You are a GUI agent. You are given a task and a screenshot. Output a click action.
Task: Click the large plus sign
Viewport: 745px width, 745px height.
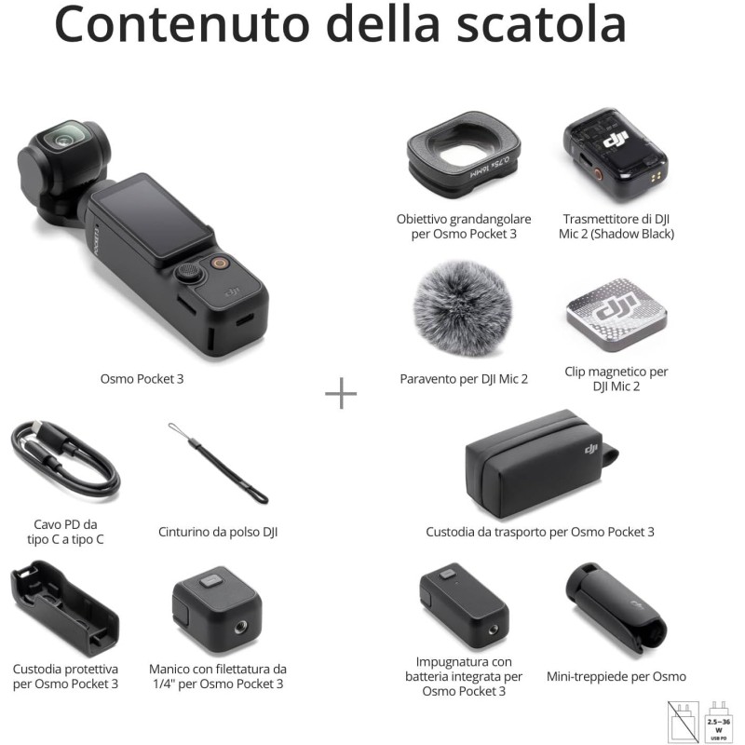tap(341, 394)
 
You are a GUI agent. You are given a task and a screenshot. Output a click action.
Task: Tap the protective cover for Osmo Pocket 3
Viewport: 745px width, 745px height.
tap(63, 609)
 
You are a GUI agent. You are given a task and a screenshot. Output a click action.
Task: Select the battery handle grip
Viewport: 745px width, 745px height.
tap(464, 609)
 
